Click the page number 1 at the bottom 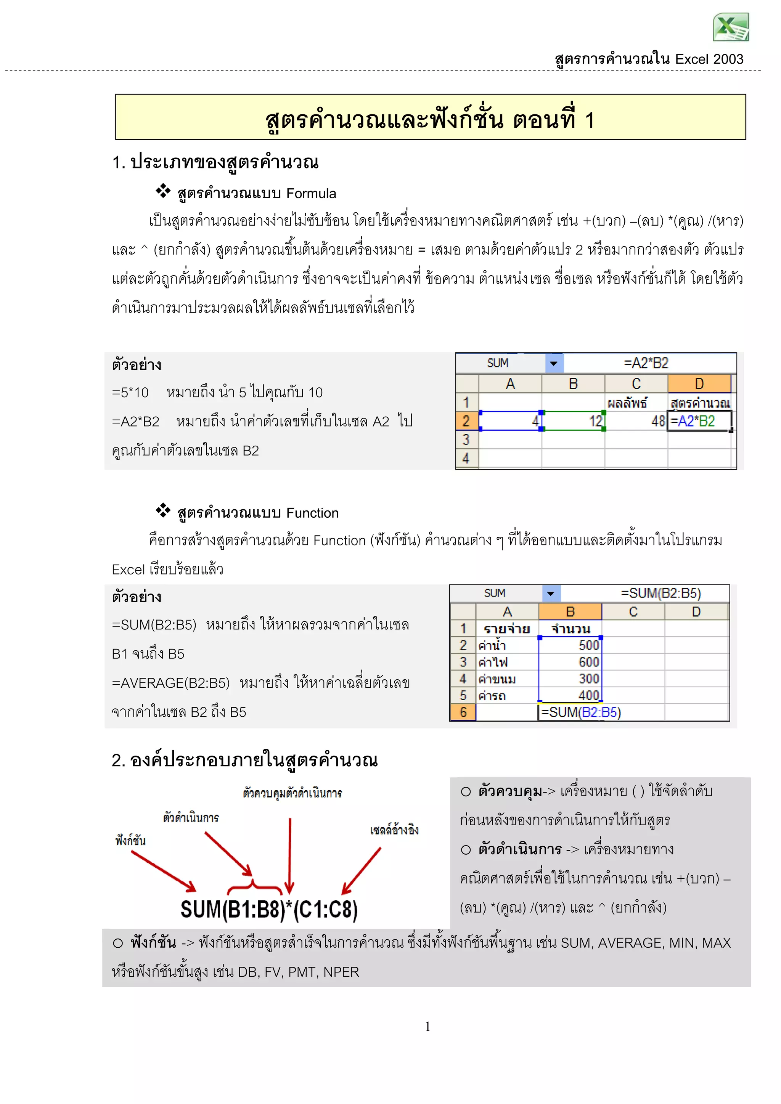tap(427, 1027)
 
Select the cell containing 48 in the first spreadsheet tap(636, 421)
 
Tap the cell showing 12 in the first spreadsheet tap(573, 421)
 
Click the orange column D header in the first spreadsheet tap(699, 384)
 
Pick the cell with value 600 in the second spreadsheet tap(570, 662)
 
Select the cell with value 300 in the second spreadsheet tap(570, 679)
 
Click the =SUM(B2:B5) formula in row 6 tap(581, 712)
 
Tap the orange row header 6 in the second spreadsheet tap(463, 712)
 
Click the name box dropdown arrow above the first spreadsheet tap(554, 364)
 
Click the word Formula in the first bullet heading tap(311, 194)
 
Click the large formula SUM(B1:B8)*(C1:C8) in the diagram tap(269, 909)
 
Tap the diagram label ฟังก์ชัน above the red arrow tap(130, 841)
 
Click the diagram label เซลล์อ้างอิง tap(394, 830)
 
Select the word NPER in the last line tap(341, 972)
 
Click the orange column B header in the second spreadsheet tap(570, 611)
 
